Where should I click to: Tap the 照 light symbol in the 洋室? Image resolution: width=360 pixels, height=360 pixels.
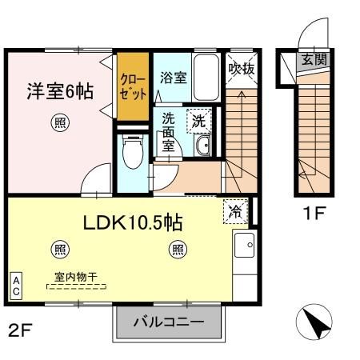pos(59,122)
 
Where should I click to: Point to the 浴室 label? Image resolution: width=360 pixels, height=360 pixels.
pos(173,78)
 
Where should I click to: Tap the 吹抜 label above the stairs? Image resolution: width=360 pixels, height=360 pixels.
pos(241,69)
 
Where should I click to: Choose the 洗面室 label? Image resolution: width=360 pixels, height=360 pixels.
pos(170,131)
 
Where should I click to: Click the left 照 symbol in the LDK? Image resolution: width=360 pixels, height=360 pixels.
pos(59,250)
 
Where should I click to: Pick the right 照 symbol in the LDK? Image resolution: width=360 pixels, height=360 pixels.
pos(177,250)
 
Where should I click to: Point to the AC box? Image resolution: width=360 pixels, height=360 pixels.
pos(16,286)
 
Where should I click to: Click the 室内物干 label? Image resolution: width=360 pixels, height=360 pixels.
pos(76,278)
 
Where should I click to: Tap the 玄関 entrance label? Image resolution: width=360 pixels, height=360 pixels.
pos(309,60)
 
